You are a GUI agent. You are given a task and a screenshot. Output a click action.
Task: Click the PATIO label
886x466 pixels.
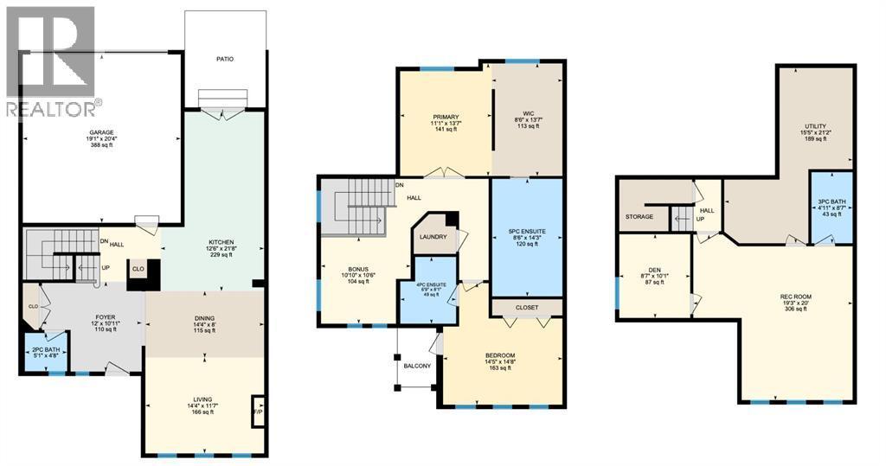[x=225, y=59]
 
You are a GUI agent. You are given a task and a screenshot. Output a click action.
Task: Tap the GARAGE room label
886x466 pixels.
[x=100, y=132]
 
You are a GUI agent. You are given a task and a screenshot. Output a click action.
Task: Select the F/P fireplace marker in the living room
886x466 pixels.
[x=257, y=412]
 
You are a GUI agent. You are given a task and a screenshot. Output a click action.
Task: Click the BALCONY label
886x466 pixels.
[x=417, y=366]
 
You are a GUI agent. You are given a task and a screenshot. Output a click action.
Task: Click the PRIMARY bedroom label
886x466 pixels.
[x=446, y=117]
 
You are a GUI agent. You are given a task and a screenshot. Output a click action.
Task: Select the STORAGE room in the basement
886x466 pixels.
[x=639, y=216]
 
